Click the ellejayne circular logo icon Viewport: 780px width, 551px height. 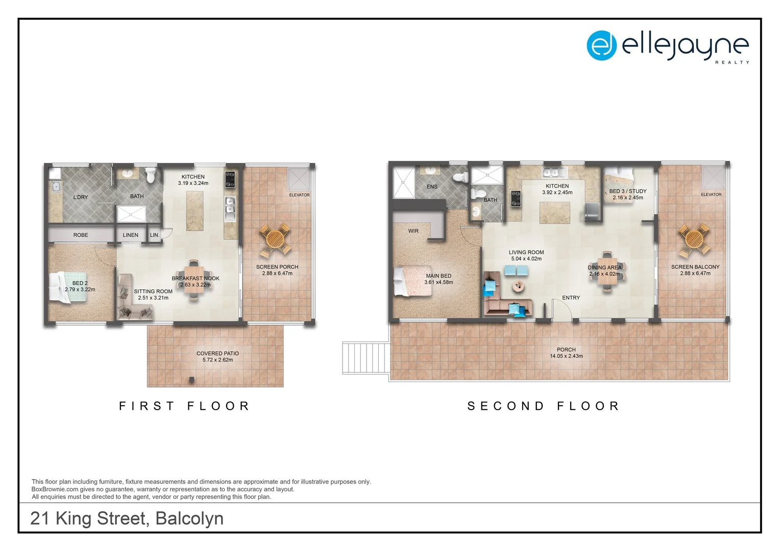pos(601,45)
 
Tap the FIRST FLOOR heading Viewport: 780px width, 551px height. pos(184,406)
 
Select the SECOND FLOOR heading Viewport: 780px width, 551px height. pos(544,406)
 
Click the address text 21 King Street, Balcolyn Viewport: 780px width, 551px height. pos(127,518)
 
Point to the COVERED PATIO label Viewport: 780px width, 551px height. pos(217,353)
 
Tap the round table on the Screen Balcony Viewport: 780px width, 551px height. pos(694,238)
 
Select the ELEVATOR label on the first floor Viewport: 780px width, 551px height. pos(299,195)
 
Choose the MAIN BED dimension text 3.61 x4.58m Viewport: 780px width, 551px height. pos(438,282)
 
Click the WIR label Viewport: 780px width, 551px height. pos(413,231)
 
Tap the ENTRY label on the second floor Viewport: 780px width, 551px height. pos(571,297)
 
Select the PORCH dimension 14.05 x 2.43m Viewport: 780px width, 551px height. pos(566,356)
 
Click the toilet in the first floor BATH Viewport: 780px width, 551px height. pos(151,176)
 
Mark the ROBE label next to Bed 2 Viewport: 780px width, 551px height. pos(81,235)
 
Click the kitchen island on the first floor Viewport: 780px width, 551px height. pos(194,210)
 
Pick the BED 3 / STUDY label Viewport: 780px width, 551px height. pos(627,191)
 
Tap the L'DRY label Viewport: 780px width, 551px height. pos(81,197)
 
